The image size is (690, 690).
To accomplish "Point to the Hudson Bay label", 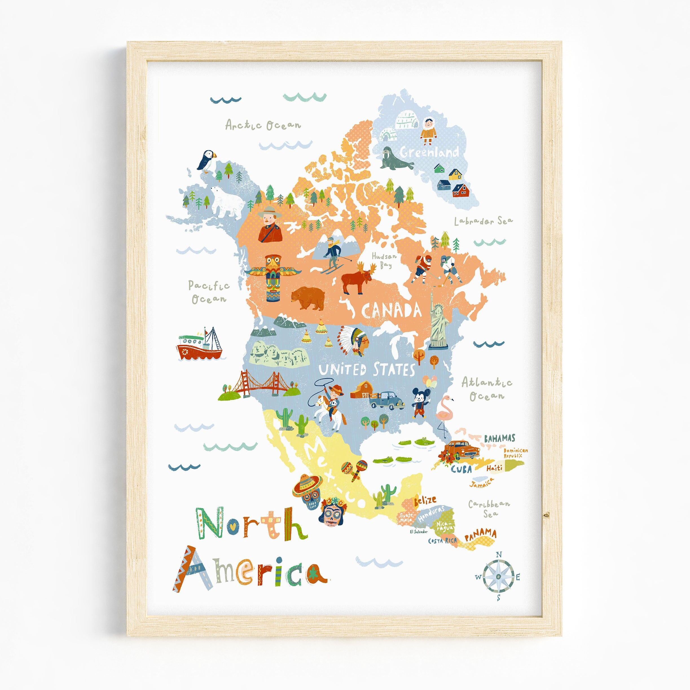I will [x=384, y=260].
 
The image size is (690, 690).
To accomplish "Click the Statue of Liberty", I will [x=439, y=321].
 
